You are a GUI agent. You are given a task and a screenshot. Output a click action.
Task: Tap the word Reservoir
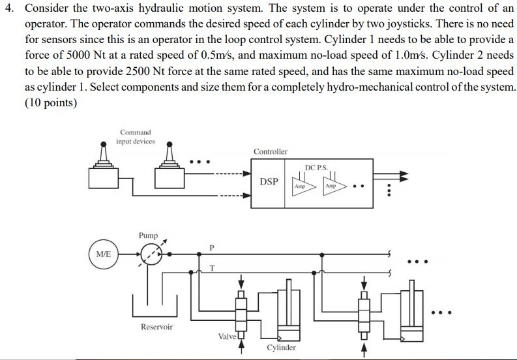tap(156, 327)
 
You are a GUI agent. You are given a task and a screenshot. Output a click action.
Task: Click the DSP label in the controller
tap(269, 181)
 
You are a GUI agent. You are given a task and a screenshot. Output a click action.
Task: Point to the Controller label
tap(271, 151)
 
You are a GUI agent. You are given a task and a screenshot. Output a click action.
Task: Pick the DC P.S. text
tap(316, 168)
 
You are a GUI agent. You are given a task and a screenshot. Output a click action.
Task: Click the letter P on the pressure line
tap(212, 247)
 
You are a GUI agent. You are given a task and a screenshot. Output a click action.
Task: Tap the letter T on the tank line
tap(213, 268)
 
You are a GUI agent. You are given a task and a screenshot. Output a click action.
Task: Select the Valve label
tap(227, 337)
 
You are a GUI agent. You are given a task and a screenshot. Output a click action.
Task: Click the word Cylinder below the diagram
tap(281, 348)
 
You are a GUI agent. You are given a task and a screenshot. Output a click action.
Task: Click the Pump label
tap(148, 235)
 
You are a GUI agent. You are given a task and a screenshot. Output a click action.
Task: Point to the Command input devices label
tap(135, 136)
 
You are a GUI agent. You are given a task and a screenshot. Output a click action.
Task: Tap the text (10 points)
tap(51, 102)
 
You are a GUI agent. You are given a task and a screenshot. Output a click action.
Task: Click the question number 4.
tap(9, 8)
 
